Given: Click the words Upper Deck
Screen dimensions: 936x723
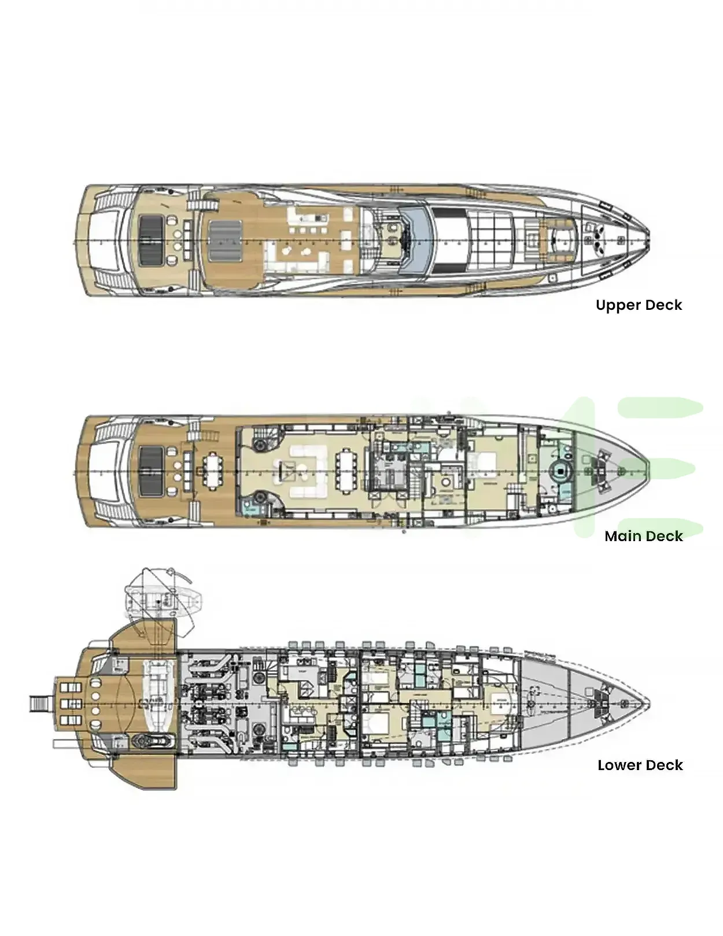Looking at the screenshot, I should (639, 305).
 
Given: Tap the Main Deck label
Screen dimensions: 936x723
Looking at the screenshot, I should (643, 537).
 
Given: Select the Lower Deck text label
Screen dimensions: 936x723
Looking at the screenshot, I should (640, 765).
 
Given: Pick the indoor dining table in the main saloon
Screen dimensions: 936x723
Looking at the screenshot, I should (348, 469).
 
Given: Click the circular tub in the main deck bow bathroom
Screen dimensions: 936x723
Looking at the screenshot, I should (560, 472).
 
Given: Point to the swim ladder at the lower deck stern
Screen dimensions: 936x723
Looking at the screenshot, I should (40, 704).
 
